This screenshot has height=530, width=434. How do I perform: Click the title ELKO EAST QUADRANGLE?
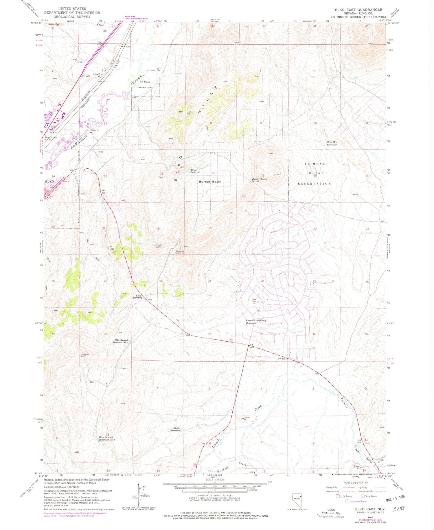[x=358, y=10]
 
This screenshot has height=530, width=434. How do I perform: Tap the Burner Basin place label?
[x=210, y=182]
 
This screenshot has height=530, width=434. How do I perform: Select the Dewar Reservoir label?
[x=196, y=171]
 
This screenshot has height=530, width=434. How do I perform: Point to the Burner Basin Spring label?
[x=259, y=180]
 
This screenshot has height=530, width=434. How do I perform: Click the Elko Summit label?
[x=137, y=296]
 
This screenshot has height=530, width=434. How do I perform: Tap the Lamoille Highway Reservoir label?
[x=255, y=322]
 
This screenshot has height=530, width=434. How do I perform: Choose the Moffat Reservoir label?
[x=175, y=429]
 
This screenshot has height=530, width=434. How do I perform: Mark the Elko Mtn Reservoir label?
[x=332, y=143]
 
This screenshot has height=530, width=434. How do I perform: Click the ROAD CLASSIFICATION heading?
[x=356, y=483]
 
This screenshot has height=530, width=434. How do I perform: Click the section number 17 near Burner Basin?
[x=213, y=173]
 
